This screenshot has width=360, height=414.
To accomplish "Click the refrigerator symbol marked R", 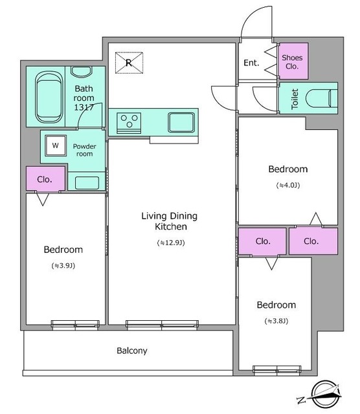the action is point(129,63).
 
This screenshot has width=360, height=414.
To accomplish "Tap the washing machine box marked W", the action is point(56,145).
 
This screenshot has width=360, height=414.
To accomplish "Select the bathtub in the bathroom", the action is point(49,97).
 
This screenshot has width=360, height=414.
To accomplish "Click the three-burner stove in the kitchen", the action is point(129,123).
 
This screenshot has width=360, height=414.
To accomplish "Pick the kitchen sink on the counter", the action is point(181,122).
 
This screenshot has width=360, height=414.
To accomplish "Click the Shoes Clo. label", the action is point(292,62).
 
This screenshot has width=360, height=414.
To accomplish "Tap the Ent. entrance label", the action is point(251,63).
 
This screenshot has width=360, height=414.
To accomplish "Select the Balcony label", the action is point(132,351).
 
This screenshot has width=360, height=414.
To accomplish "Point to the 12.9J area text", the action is point(171,243).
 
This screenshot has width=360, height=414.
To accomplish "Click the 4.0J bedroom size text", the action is point(288,186).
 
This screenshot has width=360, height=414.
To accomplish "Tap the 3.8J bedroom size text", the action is point(276,321).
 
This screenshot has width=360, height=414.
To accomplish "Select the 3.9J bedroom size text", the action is point(63,266).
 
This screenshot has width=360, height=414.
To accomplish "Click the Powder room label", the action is point(85,150).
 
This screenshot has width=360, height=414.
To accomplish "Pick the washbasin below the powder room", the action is point(87,182).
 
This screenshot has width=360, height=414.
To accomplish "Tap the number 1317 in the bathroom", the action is point(84,107).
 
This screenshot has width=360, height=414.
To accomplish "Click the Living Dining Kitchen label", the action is point(170,221).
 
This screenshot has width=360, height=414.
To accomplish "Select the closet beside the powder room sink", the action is point(45,179).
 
